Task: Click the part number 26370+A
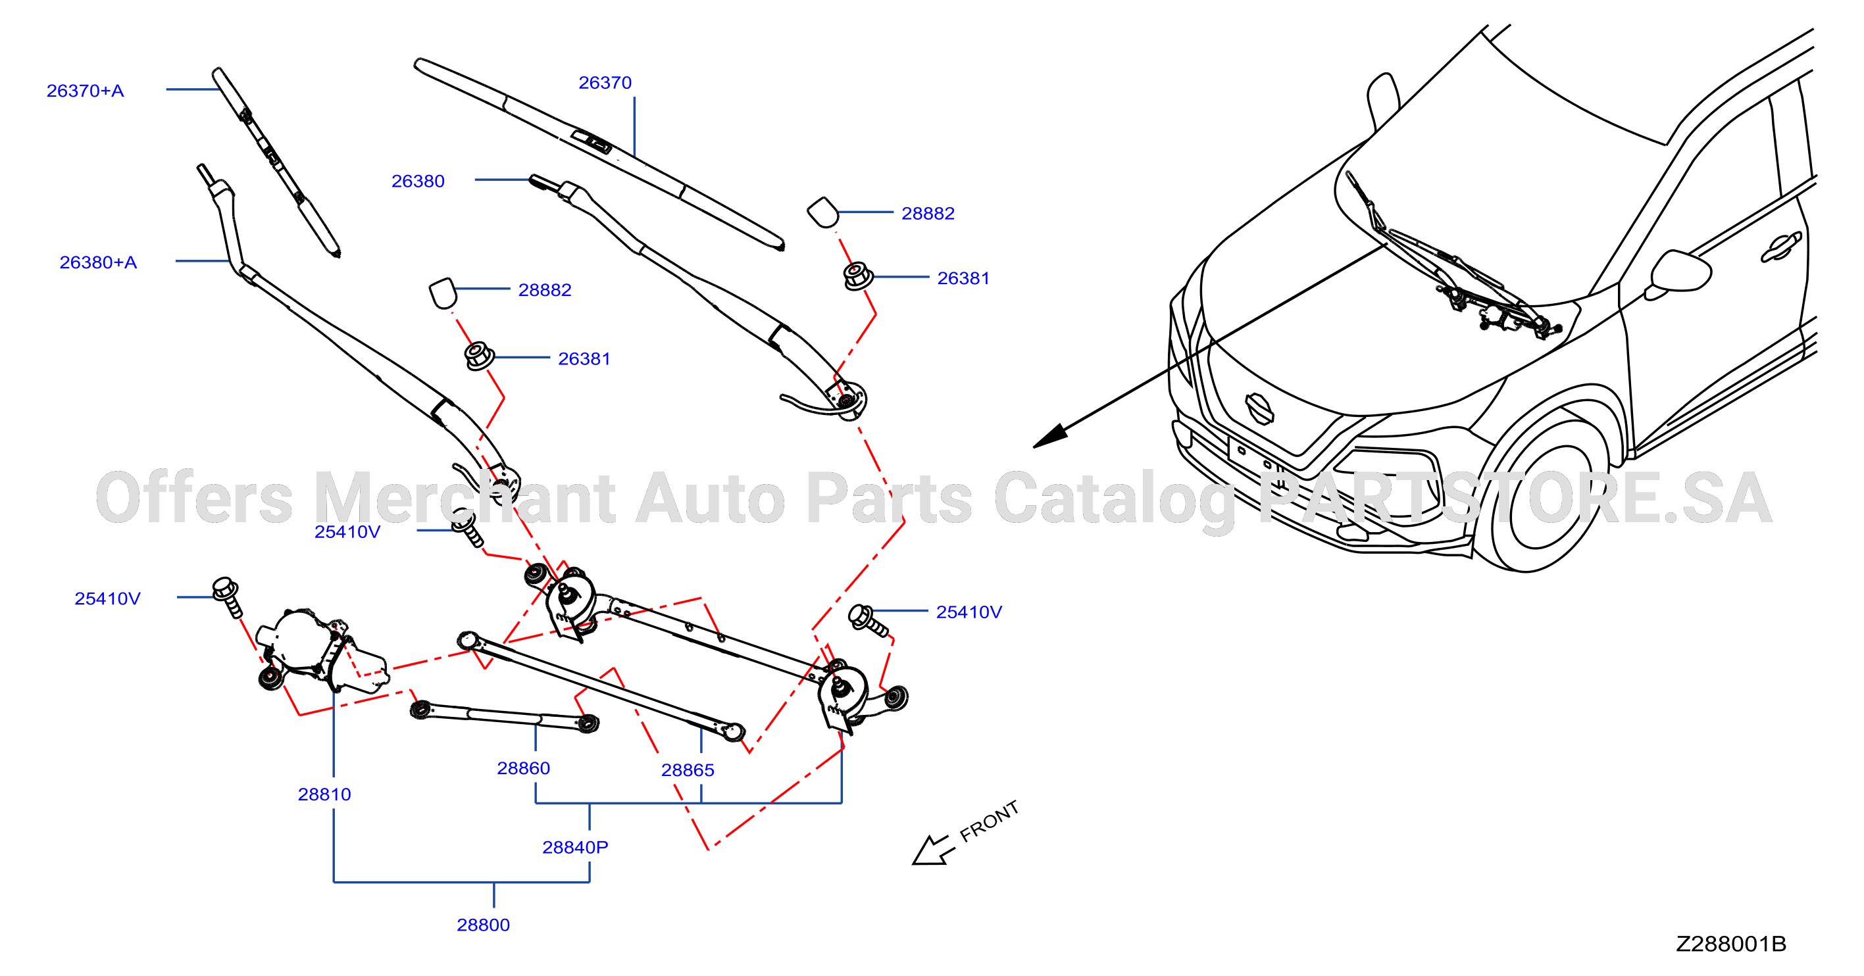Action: click(x=86, y=91)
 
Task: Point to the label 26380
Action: click(x=418, y=182)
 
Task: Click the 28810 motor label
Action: click(x=324, y=794)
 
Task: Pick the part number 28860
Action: click(x=523, y=768)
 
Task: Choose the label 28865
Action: click(x=688, y=771)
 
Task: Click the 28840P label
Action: click(x=575, y=847)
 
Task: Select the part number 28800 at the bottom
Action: click(x=484, y=925)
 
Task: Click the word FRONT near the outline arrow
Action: click(x=989, y=822)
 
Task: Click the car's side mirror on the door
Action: click(x=1680, y=273)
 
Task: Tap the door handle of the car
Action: click(x=1781, y=247)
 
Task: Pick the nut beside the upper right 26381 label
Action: click(x=858, y=276)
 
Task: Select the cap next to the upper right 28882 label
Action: click(x=822, y=212)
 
